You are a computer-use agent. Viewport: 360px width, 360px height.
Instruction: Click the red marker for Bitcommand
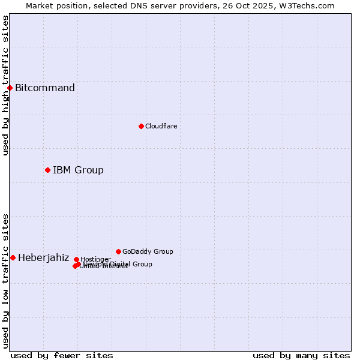10,88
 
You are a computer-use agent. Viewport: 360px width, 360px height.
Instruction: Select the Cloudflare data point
141,126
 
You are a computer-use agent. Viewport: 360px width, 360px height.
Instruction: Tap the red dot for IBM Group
47,170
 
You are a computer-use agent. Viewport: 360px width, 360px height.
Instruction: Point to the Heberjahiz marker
13,257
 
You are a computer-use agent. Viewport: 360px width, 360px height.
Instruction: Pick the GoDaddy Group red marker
118,251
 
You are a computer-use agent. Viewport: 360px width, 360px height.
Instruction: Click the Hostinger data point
76,259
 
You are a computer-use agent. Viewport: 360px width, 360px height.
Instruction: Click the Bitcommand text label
45,88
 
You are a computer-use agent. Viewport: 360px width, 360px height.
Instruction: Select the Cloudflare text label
161,126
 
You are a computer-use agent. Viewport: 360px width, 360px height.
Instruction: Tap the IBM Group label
78,170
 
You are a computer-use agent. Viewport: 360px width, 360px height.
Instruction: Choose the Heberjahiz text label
43,258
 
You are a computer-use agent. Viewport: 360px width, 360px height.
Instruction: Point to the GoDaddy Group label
148,251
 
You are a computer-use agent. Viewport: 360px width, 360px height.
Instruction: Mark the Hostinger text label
95,259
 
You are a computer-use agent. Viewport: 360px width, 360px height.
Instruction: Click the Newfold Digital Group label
120,264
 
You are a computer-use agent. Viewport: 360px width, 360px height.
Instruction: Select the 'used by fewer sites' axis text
62,355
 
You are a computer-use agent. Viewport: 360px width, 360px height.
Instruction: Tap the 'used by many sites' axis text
301,355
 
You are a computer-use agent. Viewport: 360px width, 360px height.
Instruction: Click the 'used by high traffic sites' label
5,85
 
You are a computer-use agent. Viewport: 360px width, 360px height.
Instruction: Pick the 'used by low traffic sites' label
5,280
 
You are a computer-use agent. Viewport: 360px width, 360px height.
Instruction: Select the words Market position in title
55,5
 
